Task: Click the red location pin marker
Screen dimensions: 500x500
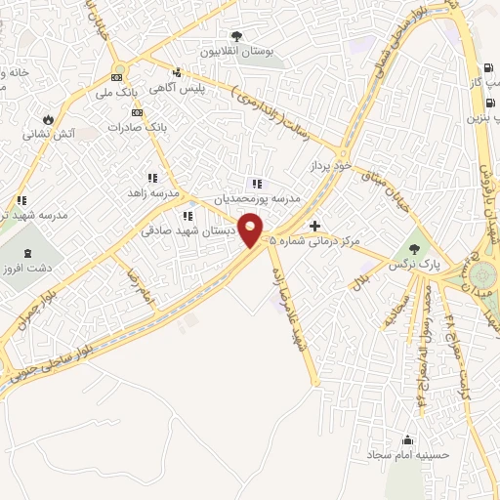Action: click(x=251, y=230)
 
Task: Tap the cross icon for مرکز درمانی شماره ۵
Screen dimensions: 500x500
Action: click(x=314, y=226)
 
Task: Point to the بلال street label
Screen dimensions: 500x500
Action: click(x=361, y=279)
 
